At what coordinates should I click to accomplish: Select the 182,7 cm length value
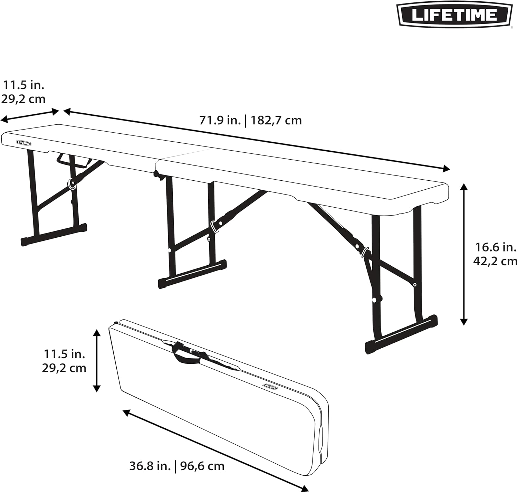click(276, 120)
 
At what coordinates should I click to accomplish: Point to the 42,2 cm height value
click(495, 261)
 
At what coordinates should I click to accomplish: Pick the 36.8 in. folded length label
click(150, 466)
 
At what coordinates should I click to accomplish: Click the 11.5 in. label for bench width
click(24, 85)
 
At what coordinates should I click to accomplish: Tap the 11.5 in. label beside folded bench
click(64, 354)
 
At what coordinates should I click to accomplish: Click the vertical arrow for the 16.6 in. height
click(464, 254)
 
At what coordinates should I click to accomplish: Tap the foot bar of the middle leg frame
click(192, 274)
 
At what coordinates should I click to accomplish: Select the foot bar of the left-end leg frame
click(54, 234)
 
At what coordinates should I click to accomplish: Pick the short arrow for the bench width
click(30, 115)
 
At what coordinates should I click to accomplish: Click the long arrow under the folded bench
click(215, 450)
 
